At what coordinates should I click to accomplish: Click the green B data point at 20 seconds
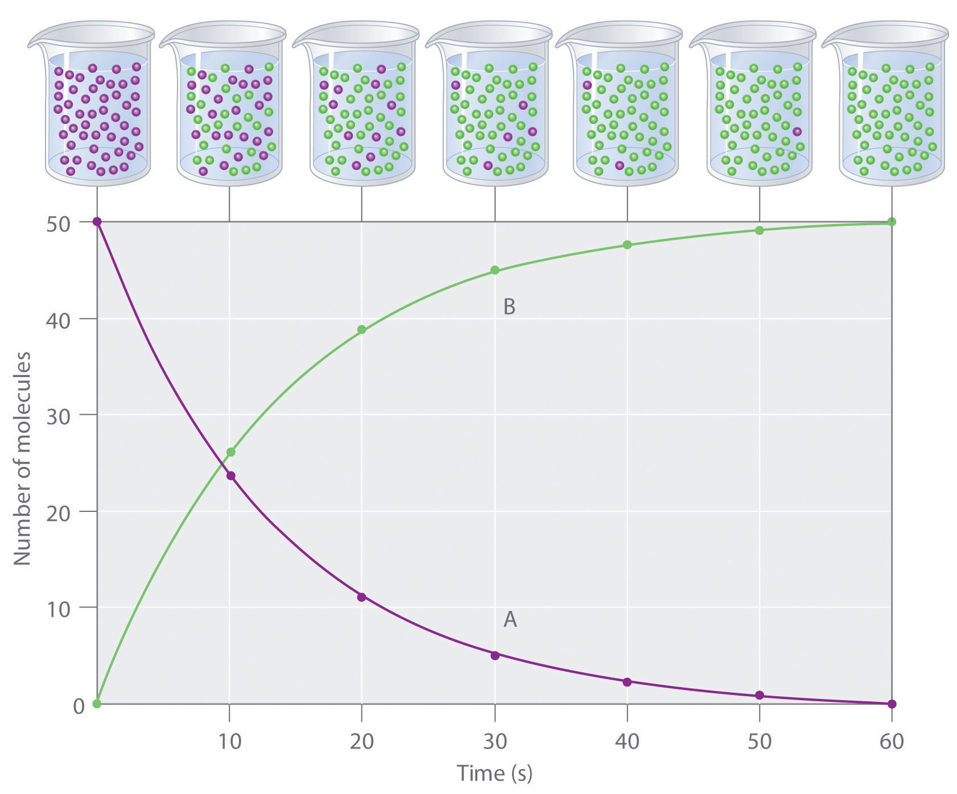pos(361,329)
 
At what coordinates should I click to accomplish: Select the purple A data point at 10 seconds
pos(230,475)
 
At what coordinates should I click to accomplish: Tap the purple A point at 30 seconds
pos(495,655)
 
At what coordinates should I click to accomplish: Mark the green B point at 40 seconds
pos(627,245)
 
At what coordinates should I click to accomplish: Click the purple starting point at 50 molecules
pos(97,221)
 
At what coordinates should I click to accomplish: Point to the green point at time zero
pos(97,704)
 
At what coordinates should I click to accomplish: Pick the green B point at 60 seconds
pos(892,221)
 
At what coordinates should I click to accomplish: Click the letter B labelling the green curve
pos(509,307)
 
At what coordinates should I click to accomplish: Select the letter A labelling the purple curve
pos(510,619)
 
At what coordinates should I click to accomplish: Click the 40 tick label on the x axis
pos(627,742)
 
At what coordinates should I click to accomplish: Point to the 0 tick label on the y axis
pos(79,706)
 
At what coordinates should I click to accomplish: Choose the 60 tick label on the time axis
pos(892,742)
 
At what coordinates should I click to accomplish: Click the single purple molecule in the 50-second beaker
pos(797,131)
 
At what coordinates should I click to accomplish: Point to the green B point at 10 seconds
pos(230,452)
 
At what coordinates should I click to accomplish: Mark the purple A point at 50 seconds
pos(760,696)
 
